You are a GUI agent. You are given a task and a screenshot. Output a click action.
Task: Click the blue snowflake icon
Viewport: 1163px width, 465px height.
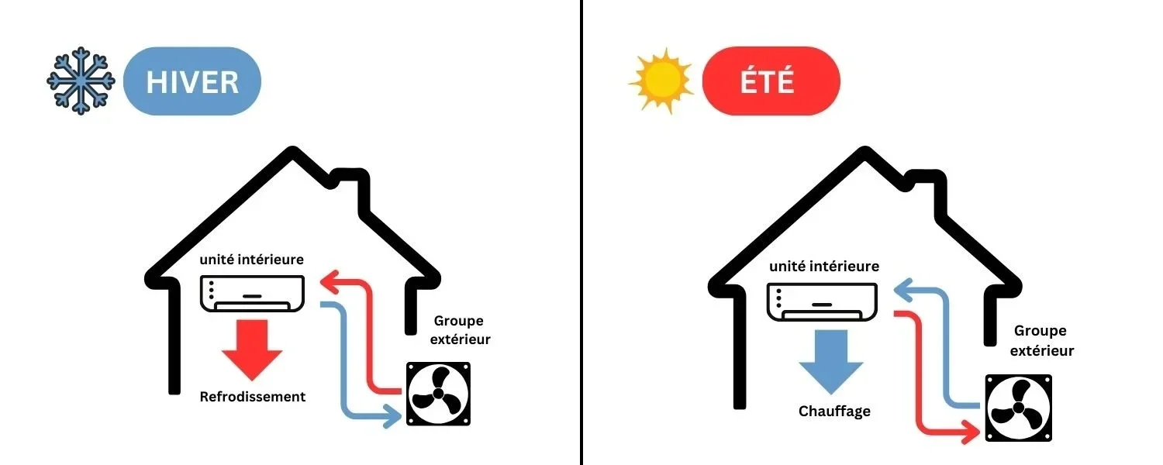81,81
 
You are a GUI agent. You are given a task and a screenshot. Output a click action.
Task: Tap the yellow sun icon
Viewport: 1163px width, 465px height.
661,81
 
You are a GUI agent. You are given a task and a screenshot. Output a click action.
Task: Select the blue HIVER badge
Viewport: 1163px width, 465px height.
192,81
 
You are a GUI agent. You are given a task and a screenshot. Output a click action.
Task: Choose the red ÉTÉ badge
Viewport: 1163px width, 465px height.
771,81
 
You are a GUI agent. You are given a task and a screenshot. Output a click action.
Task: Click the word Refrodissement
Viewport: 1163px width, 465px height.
252,397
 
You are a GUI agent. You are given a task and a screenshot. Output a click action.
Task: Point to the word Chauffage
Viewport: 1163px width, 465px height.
834,411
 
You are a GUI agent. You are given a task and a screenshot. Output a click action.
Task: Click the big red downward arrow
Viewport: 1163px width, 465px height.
252,350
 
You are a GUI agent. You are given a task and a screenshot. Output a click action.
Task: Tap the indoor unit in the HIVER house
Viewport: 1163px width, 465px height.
252,294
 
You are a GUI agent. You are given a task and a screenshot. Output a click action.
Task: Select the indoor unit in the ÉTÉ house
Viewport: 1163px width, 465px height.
822,302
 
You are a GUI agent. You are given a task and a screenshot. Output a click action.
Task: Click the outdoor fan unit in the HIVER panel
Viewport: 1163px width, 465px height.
438,394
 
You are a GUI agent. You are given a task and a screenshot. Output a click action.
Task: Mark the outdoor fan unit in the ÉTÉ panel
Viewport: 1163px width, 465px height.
1019,408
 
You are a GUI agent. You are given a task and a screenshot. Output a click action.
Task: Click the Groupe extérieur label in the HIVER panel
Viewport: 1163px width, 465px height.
460,330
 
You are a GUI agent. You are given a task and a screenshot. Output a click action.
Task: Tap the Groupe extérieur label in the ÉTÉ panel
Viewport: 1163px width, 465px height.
1041,340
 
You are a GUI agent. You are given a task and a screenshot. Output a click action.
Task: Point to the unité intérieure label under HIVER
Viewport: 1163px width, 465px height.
252,260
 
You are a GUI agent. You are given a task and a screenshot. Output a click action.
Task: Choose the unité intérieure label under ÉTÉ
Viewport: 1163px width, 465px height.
824,267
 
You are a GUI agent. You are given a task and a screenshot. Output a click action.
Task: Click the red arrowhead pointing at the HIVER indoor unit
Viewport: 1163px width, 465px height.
330,282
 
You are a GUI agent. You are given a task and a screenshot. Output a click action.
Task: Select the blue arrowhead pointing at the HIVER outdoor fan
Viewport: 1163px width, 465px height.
393,415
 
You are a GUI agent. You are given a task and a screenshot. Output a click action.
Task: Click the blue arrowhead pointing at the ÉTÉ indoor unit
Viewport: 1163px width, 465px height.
904,291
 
